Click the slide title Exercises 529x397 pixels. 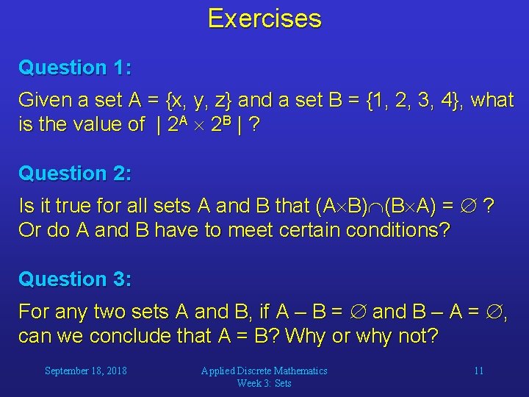click(264, 18)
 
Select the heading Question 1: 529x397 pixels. click(75, 68)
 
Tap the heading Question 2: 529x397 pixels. click(75, 174)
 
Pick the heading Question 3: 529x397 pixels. click(75, 279)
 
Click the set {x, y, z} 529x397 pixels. click(199, 100)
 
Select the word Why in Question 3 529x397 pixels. click(305, 336)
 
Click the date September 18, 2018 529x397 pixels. click(86, 371)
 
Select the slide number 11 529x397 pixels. click(478, 371)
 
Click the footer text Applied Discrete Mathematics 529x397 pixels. click(264, 371)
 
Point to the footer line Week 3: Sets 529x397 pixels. click(264, 383)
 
